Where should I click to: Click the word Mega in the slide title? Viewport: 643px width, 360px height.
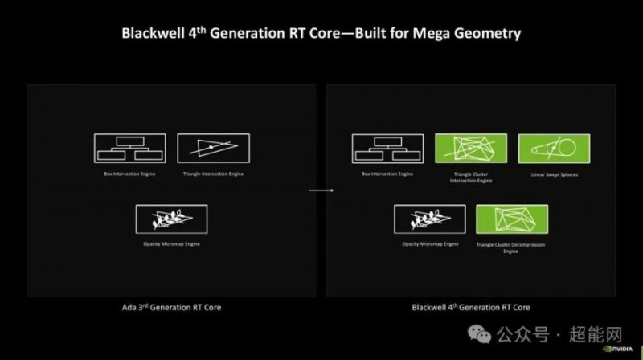(x=425, y=34)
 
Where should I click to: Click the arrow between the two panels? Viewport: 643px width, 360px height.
(x=321, y=190)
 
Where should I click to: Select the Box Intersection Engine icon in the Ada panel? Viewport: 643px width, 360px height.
(x=130, y=148)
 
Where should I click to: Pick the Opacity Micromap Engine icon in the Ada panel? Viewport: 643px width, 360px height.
(x=172, y=219)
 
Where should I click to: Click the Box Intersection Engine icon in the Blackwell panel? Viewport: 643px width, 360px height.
(x=387, y=148)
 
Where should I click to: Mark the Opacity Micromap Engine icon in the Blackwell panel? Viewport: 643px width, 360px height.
(x=429, y=219)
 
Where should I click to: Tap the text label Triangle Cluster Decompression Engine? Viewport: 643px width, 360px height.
(x=513, y=246)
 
